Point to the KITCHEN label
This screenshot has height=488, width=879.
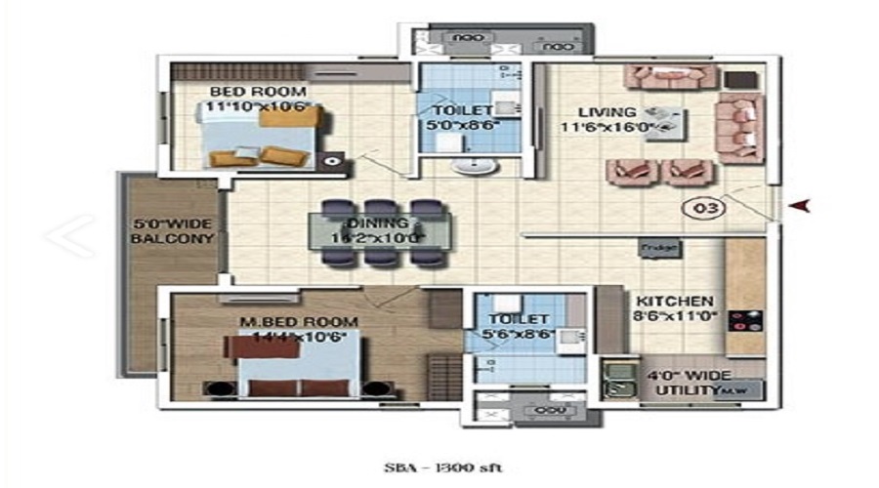pos(675,302)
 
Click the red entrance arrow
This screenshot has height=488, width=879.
pos(802,205)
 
